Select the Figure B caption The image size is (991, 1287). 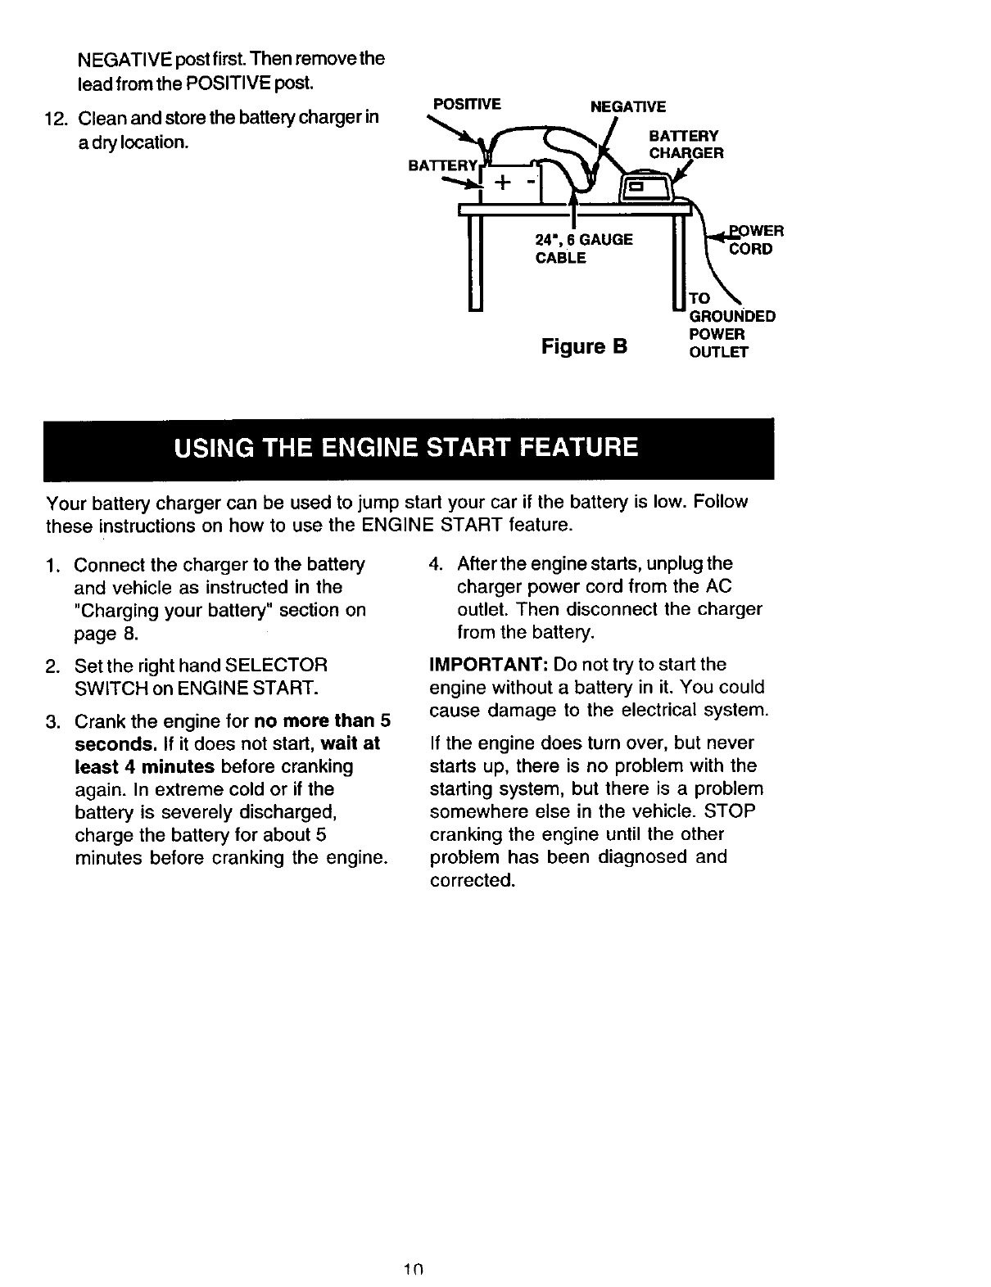584,346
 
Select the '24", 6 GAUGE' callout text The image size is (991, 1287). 582,240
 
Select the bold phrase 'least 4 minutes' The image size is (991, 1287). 145,766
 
